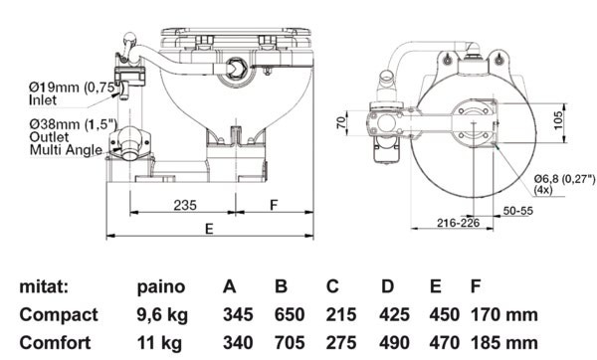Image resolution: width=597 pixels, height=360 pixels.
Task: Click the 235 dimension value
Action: pos(185,205)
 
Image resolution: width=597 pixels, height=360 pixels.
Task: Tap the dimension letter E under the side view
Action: pos(209,229)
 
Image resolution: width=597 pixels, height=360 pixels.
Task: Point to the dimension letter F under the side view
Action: pos(274,205)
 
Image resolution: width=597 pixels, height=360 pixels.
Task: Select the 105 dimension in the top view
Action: pos(558,120)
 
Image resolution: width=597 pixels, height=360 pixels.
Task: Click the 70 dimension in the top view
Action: pos(341,122)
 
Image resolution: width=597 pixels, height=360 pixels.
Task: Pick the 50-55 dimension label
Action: pos(517,211)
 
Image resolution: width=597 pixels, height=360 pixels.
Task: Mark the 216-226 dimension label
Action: pos(458,223)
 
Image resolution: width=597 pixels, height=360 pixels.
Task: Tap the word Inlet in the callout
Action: pos(43,100)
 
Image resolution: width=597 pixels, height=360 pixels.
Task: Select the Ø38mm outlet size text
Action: pos(73,124)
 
